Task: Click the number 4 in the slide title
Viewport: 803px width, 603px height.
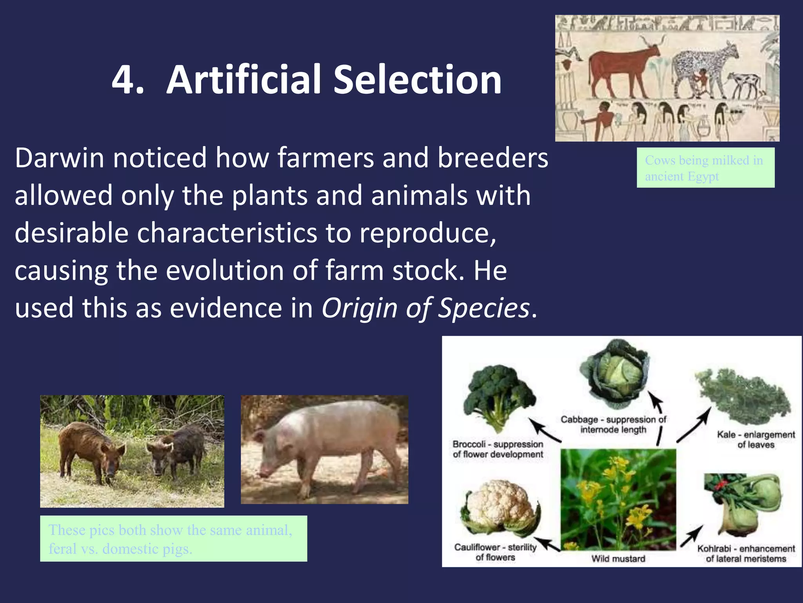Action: pyautogui.click(x=124, y=80)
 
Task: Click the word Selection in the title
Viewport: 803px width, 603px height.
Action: pyautogui.click(x=417, y=80)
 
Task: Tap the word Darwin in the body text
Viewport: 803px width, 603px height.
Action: pyautogui.click(x=59, y=158)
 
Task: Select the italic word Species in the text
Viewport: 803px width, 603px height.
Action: pyautogui.click(x=483, y=308)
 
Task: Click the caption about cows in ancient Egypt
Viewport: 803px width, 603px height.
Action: pyautogui.click(x=705, y=168)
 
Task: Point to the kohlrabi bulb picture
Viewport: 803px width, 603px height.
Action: pyautogui.click(x=747, y=504)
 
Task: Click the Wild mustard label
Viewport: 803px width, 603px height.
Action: pyautogui.click(x=618, y=559)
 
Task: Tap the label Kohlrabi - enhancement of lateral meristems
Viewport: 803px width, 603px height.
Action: pyautogui.click(x=746, y=554)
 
